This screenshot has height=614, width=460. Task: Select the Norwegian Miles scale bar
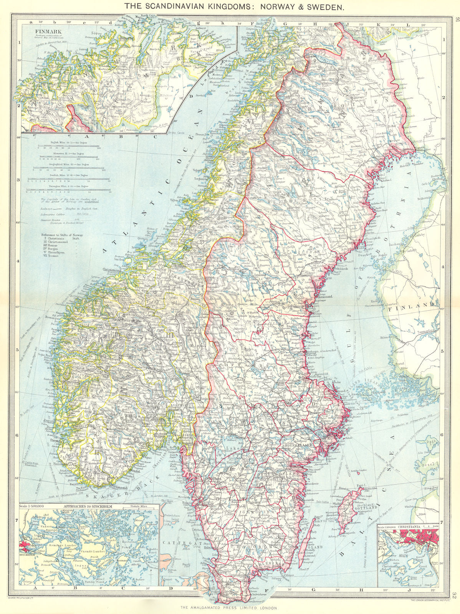[69, 191]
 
